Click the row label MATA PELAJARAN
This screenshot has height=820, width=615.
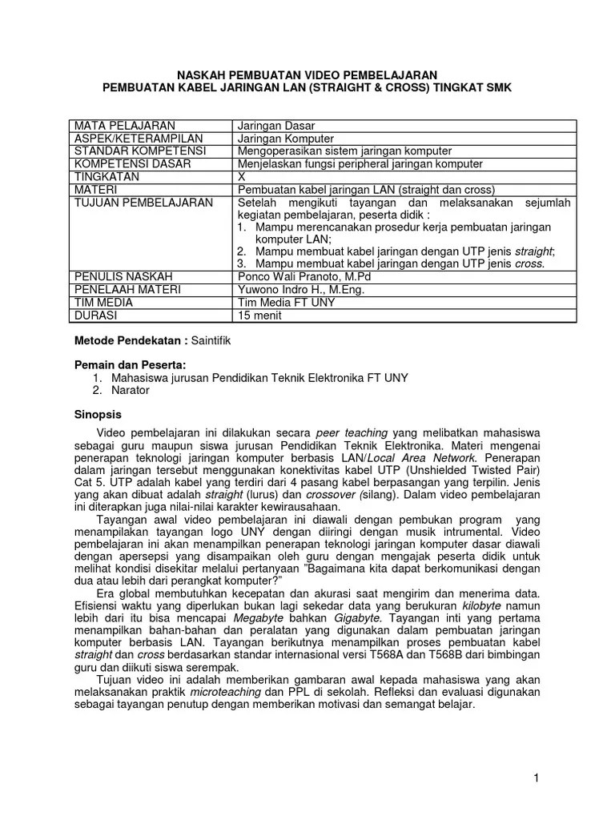[124, 126]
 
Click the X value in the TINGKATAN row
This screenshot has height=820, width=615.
[243, 176]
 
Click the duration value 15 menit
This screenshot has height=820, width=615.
[262, 315]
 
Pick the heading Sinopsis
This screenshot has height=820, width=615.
[98, 416]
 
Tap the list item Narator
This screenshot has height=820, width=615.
[131, 390]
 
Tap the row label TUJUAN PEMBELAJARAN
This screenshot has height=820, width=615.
[144, 202]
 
